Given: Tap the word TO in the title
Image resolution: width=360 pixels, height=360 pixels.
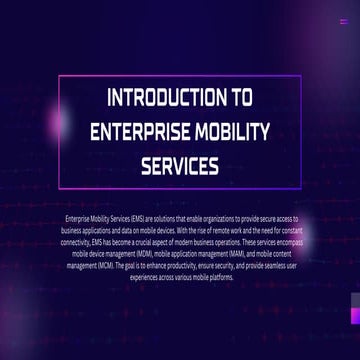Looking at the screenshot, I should pyautogui.click(x=242, y=99).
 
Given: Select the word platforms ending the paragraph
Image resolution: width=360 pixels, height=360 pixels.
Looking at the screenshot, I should pyautogui.click(x=221, y=277).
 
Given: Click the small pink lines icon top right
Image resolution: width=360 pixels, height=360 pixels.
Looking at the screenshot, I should pyautogui.click(x=343, y=20).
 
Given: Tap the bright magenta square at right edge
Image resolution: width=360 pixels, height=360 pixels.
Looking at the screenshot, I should pyautogui.click(x=355, y=316).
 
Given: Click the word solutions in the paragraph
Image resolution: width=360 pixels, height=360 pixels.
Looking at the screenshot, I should pyautogui.click(x=165, y=217).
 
